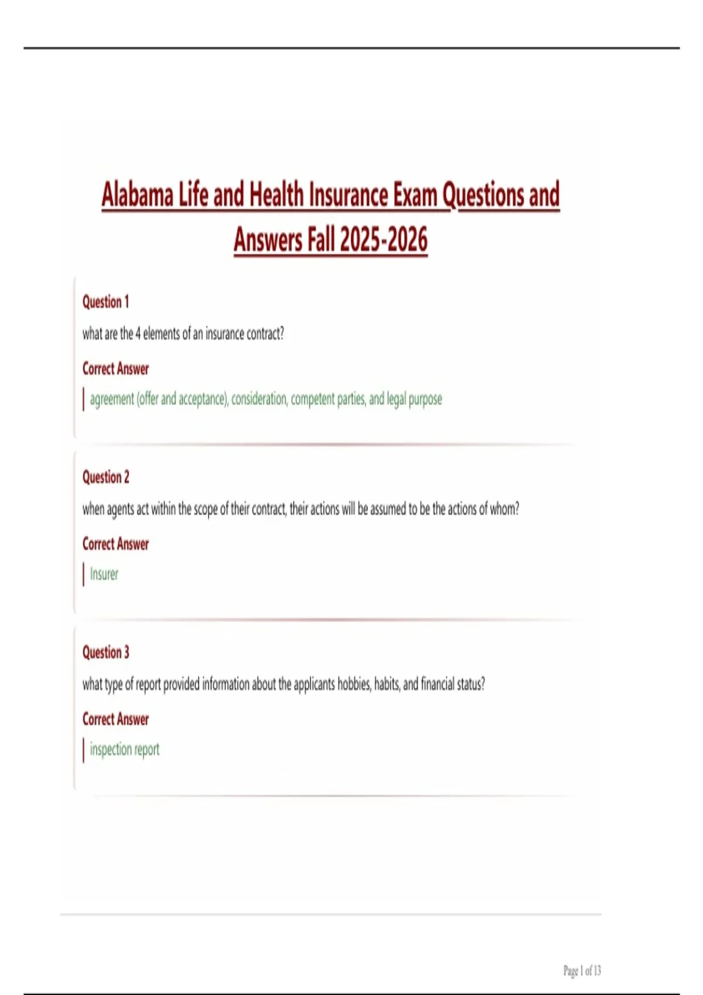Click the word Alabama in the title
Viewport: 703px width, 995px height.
coord(138,195)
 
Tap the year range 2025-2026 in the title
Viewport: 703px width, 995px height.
coord(384,239)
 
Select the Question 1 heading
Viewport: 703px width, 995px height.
coord(105,302)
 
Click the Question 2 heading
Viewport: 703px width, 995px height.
coord(105,477)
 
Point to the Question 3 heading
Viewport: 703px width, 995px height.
coord(105,652)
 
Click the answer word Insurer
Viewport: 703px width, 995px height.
coord(104,574)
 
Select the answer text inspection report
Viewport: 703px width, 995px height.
coord(124,749)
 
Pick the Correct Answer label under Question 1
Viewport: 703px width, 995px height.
coord(115,369)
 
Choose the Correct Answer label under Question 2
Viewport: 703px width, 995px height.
coord(115,544)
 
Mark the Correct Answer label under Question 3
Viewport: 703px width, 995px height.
coord(115,719)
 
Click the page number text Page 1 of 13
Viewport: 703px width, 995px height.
coord(582,971)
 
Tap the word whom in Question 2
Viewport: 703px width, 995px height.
coord(504,509)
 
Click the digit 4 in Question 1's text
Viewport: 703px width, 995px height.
coord(138,334)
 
